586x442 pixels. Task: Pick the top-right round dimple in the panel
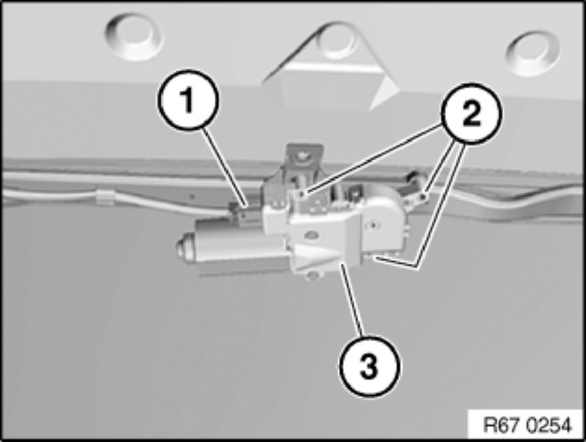point(532,52)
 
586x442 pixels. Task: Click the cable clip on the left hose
point(104,197)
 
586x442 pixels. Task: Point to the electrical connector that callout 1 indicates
point(245,211)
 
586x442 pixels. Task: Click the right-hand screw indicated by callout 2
point(424,195)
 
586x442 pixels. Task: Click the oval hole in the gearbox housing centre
point(311,232)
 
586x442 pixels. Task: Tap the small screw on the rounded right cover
point(372,226)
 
